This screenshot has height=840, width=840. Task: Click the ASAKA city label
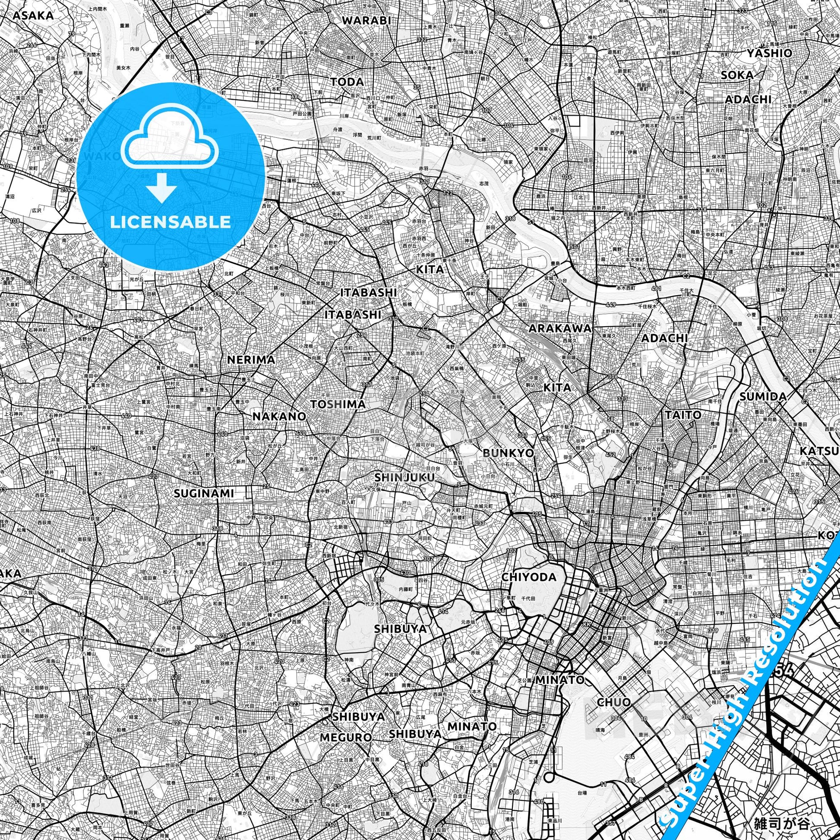pyautogui.click(x=34, y=16)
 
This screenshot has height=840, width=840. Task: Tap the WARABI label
pyautogui.click(x=366, y=20)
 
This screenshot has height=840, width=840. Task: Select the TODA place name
pyautogui.click(x=347, y=82)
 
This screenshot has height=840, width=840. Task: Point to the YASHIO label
pyautogui.click(x=769, y=53)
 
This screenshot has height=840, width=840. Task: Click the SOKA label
pyautogui.click(x=737, y=75)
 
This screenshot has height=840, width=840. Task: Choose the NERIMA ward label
pyautogui.click(x=251, y=360)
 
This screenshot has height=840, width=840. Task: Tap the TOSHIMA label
pyautogui.click(x=338, y=404)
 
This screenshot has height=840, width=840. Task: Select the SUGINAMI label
pyautogui.click(x=204, y=493)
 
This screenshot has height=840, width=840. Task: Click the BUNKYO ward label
pyautogui.click(x=508, y=453)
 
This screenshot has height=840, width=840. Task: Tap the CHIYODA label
pyautogui.click(x=529, y=578)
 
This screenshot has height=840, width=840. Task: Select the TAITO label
pyautogui.click(x=683, y=415)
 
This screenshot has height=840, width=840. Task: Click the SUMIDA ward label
pyautogui.click(x=763, y=397)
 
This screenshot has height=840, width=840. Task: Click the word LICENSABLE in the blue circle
pyautogui.click(x=171, y=222)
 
